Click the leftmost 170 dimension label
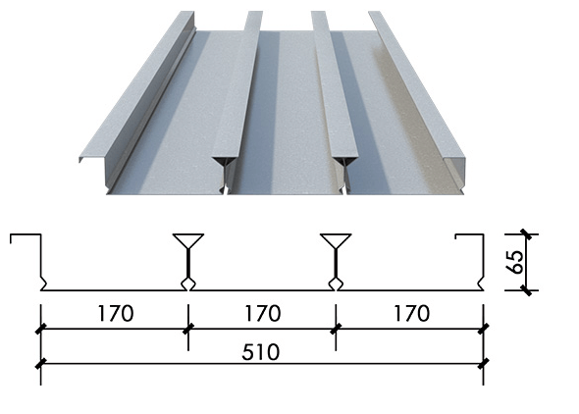(x=116, y=313)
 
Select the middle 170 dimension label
(x=263, y=313)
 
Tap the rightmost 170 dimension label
(x=412, y=313)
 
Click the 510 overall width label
(x=261, y=352)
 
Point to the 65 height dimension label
(x=516, y=262)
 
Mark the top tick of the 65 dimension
(x=526, y=234)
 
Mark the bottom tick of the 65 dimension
(x=526, y=290)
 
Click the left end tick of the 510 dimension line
(x=40, y=363)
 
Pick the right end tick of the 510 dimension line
(x=484, y=363)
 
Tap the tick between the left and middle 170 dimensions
(x=188, y=329)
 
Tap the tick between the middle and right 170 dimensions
(x=336, y=329)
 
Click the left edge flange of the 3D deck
(x=136, y=85)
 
